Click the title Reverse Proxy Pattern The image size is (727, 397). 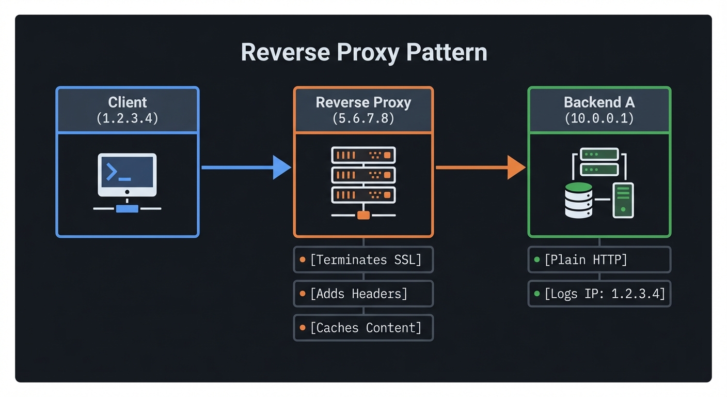[x=363, y=53]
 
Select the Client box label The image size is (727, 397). [x=128, y=102]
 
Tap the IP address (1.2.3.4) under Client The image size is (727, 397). [x=128, y=118]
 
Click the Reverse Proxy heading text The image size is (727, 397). [x=363, y=102]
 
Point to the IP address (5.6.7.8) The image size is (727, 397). [x=363, y=118]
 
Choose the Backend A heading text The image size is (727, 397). [x=599, y=102]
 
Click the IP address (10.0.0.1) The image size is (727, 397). [x=599, y=118]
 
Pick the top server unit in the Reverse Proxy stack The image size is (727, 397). [x=363, y=155]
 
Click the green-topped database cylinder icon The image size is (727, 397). [x=578, y=200]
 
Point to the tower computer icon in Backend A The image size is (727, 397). [x=623, y=200]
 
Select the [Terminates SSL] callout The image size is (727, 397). [x=363, y=259]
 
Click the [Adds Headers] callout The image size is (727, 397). [x=363, y=294]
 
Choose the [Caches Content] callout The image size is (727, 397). [x=363, y=328]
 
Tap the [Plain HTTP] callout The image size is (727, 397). [x=599, y=259]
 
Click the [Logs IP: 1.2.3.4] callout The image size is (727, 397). [x=599, y=294]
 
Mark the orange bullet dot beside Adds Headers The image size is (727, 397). [x=303, y=294]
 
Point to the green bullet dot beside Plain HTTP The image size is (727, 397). [x=537, y=259]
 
